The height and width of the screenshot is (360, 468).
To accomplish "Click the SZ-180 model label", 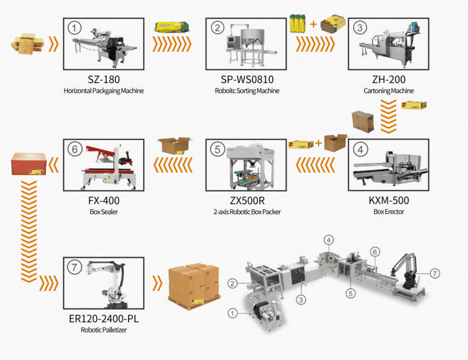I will pos(103,80).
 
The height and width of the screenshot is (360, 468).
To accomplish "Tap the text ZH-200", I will pos(388,80).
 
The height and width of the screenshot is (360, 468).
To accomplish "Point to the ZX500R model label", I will pos(246,200).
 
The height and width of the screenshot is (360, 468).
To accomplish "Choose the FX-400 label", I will pos(103,200).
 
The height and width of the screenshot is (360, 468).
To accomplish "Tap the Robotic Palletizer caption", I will pos(103,331).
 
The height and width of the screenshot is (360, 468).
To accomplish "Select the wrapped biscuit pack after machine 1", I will pos(171,28).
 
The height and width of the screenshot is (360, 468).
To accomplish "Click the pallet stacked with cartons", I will pos(193,284).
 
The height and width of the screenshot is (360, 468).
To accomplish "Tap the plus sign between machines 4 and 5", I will pos(318,143).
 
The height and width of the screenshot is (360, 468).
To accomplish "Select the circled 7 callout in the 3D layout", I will pos(434,273).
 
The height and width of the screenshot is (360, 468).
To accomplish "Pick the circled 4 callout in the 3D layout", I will pos(328,240).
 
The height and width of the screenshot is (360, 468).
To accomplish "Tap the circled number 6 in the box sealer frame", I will pos(75,149).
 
